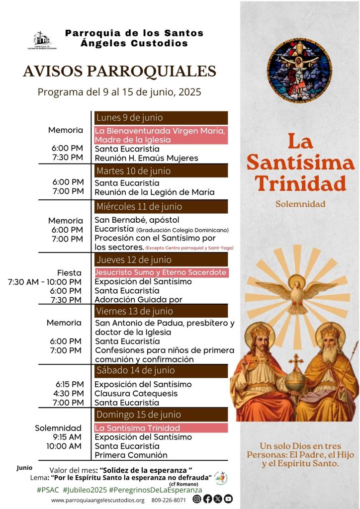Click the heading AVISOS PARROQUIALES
coord(119,71)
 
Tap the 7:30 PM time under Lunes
coord(67,158)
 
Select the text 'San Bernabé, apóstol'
coord(137,220)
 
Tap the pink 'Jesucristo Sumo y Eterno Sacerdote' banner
coord(161,272)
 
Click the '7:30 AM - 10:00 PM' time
coord(45,282)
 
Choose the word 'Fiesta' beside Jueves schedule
coord(70,273)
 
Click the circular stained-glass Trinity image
coord(299,71)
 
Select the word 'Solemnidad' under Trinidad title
coord(300,204)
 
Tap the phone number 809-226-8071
coord(169,500)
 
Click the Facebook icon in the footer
coord(207,499)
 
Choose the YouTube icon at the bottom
coord(228,499)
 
